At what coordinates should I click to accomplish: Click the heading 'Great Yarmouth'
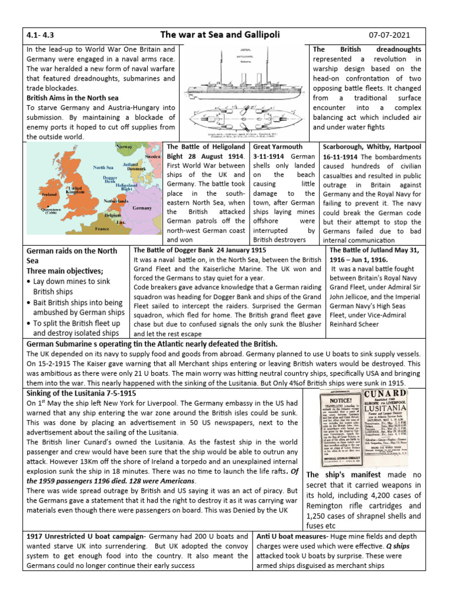click(277, 146)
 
